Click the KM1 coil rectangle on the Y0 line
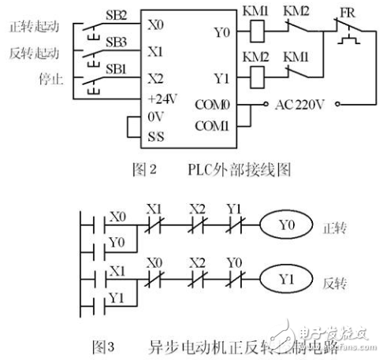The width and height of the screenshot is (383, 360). click(x=258, y=35)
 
